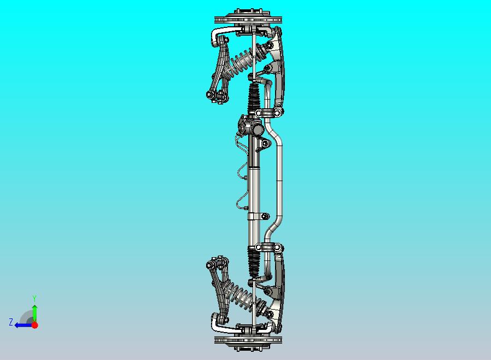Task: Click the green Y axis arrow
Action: point(34,312)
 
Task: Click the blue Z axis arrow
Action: point(22,324)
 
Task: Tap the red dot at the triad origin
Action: point(34,325)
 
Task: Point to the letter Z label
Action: point(10,323)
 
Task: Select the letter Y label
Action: point(34,298)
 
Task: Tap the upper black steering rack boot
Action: point(255,98)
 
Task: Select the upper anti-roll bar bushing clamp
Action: point(270,113)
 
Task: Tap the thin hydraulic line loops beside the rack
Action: point(241,175)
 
